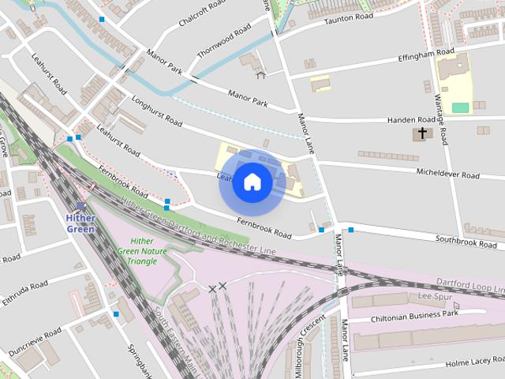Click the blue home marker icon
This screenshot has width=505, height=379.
coord(252,182)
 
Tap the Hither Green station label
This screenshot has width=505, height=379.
coord(80,223)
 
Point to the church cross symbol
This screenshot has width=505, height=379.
coord(422,133)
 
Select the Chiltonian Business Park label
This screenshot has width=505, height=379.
coord(415,314)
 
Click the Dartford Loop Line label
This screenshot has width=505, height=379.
coord(469,283)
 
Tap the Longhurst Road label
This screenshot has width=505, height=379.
coord(157,111)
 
